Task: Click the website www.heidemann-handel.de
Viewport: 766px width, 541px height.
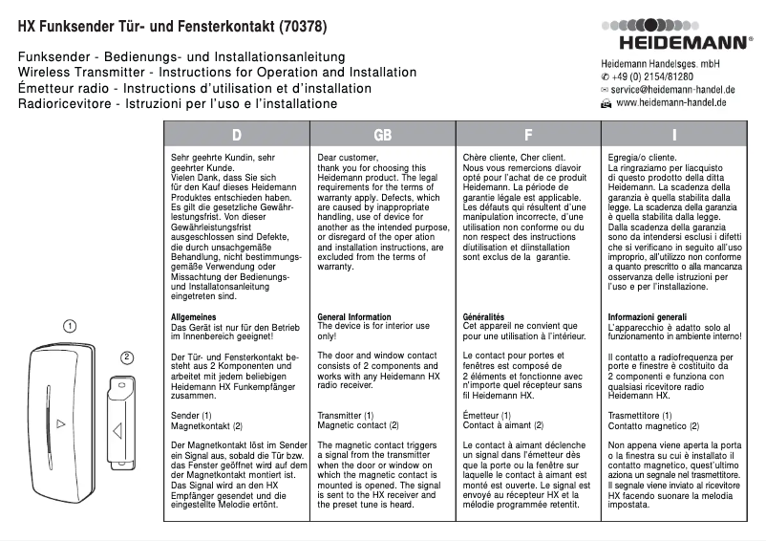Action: tap(670, 102)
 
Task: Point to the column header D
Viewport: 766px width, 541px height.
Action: tap(236, 135)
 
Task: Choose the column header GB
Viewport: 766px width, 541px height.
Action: tap(382, 135)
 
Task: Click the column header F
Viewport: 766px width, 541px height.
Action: tap(528, 135)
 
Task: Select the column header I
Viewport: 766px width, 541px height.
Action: tap(674, 135)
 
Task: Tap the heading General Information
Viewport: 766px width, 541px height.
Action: tap(353, 316)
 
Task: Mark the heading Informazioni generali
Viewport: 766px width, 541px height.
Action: tap(647, 316)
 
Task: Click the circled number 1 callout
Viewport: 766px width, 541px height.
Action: tap(71, 326)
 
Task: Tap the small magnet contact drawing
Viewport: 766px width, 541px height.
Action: tap(119, 422)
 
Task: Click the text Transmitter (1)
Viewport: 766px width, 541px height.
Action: tap(345, 416)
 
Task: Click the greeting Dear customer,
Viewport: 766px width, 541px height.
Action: tap(348, 156)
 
